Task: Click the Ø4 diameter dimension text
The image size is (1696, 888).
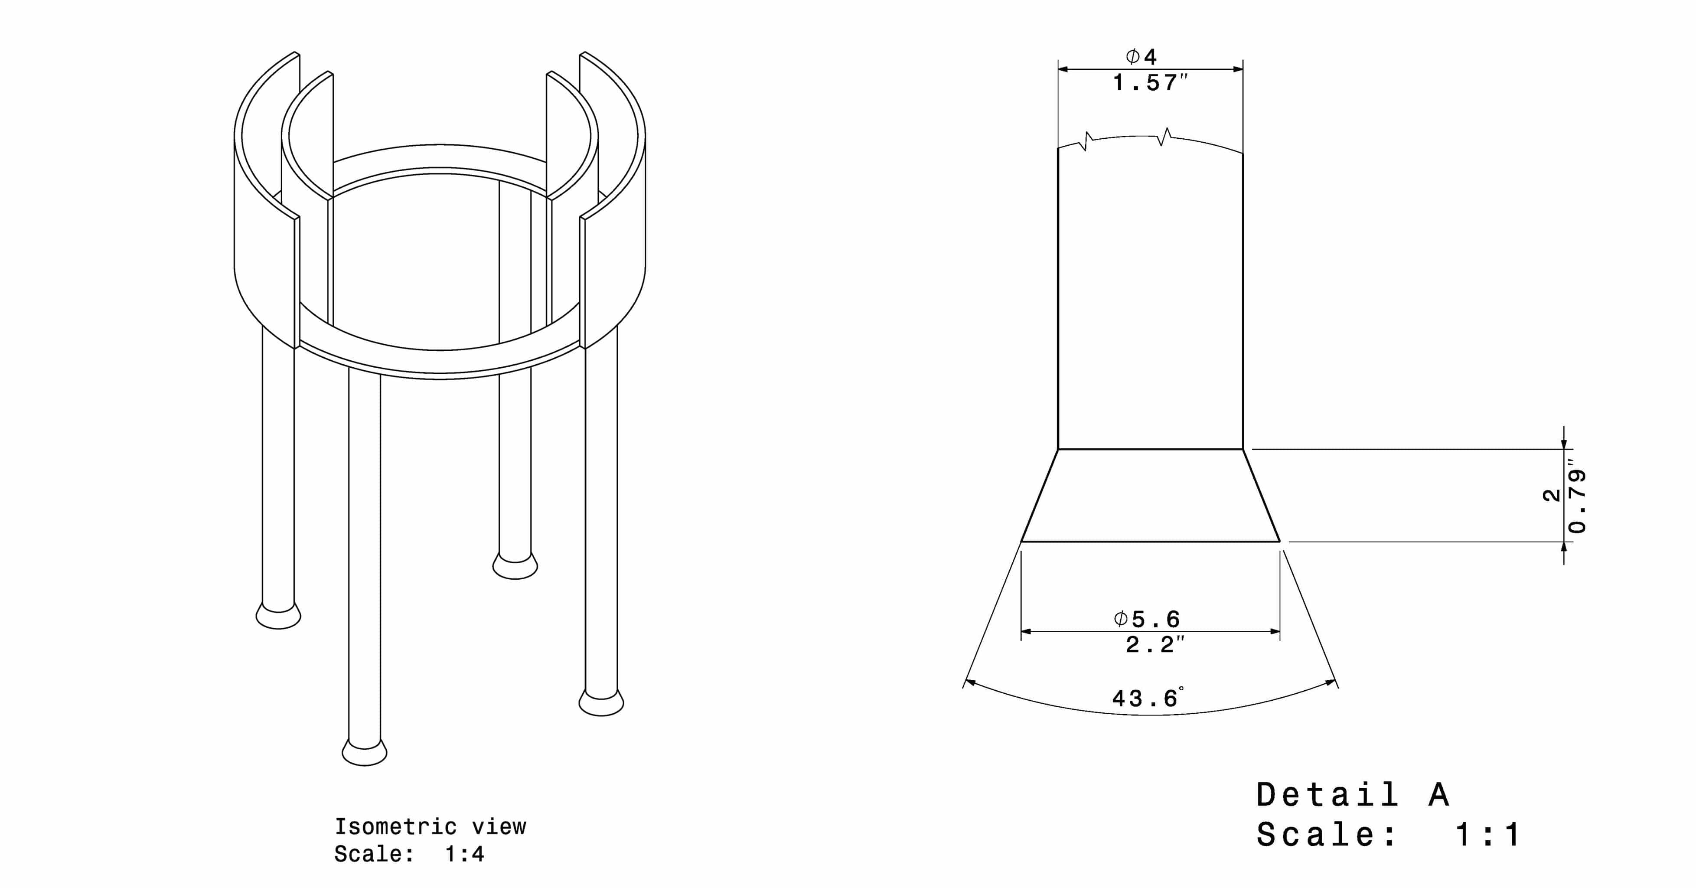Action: pos(1141,57)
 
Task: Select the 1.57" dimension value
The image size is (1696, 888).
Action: pos(1150,83)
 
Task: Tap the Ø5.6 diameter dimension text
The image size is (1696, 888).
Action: pos(1146,619)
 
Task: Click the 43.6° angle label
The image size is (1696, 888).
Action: pos(1148,697)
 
